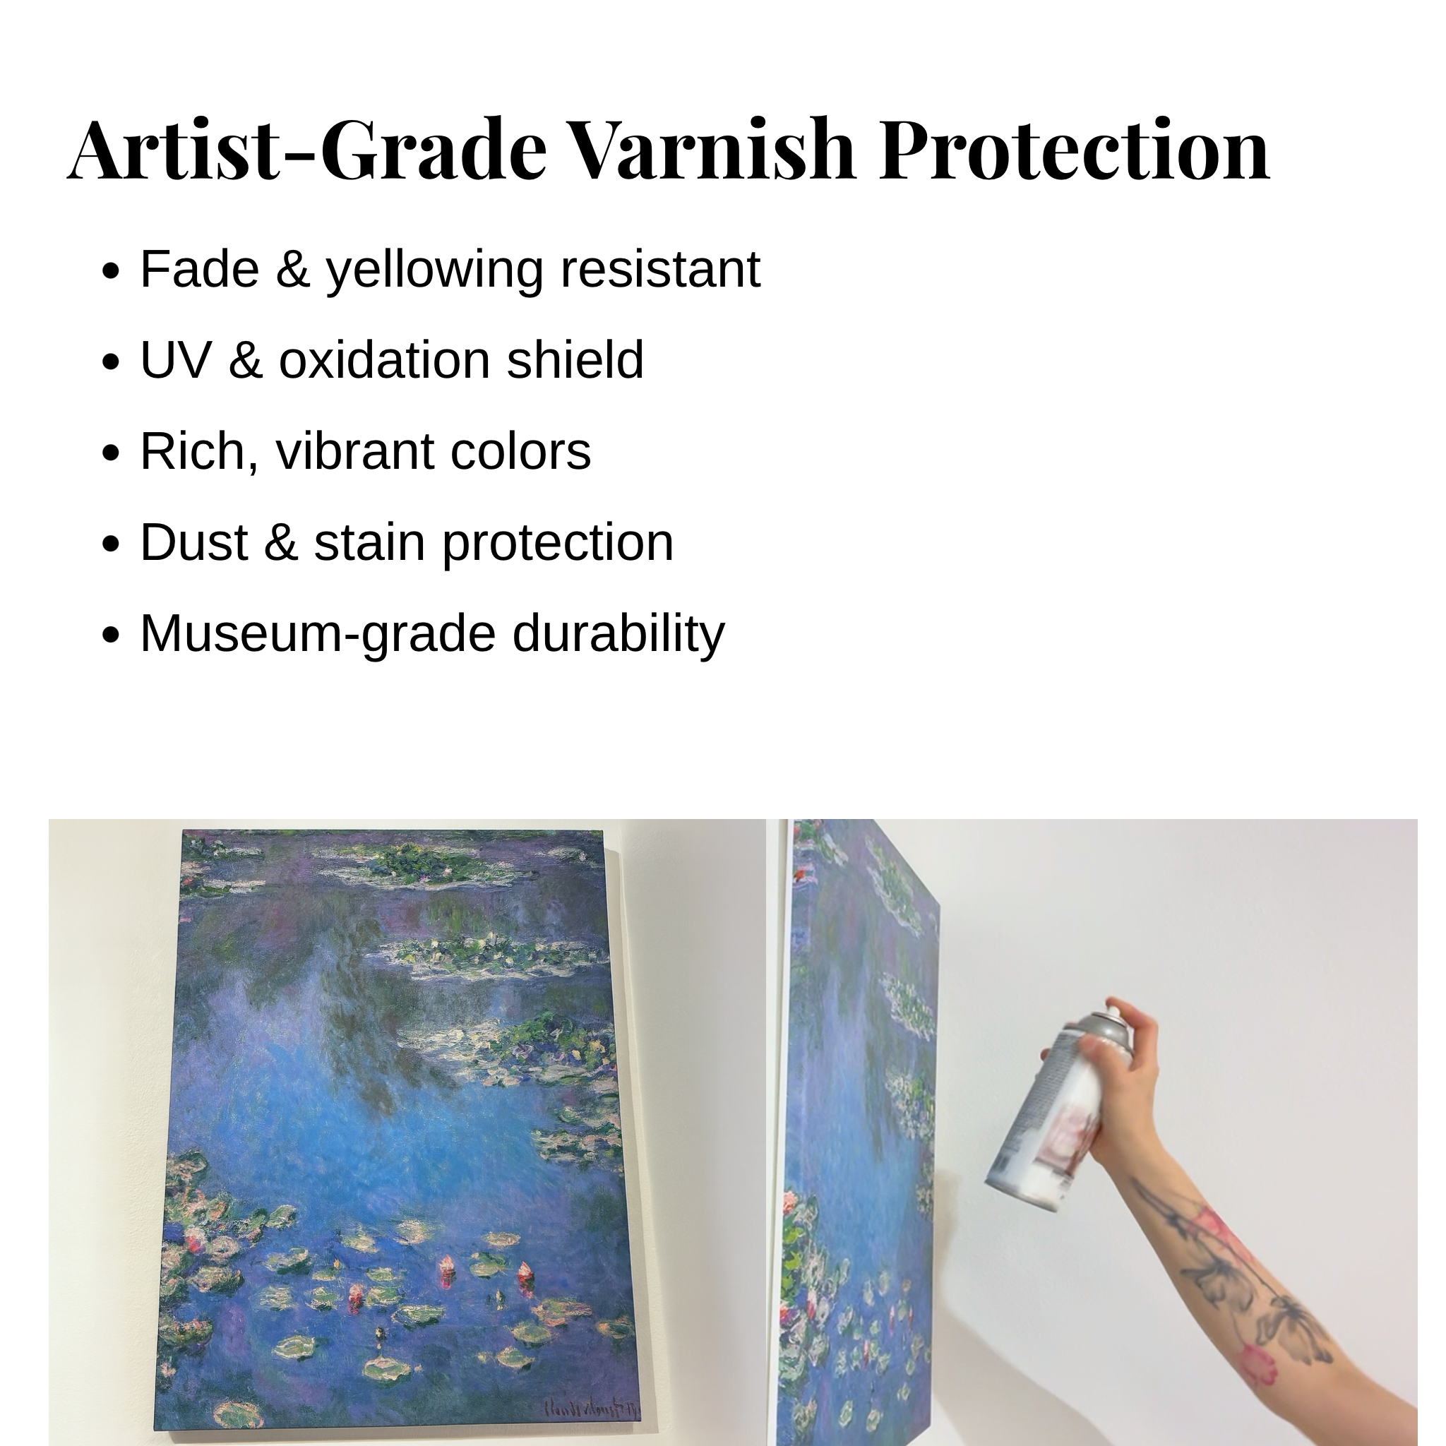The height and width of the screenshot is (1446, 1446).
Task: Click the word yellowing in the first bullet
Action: click(x=434, y=271)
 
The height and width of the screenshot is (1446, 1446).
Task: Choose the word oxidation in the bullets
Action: click(x=385, y=360)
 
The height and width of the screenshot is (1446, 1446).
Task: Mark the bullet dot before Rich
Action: click(x=111, y=453)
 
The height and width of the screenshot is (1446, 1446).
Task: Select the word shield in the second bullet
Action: click(x=575, y=360)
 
